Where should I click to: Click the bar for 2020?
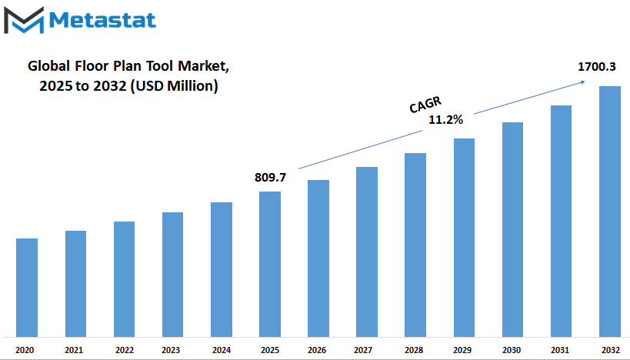point(27,288)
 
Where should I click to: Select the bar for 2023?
point(173,275)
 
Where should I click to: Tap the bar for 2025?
point(270,265)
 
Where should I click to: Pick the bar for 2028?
point(415,245)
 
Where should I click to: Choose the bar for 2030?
point(512,230)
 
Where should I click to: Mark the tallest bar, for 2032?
point(610,212)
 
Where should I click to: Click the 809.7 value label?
point(271,177)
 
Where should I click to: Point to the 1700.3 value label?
point(597,67)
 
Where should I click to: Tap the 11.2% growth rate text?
point(445,120)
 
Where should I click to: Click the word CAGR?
point(425,105)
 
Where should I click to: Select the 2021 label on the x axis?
point(74,350)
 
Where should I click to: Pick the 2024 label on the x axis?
point(222,350)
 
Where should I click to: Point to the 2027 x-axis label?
point(363,350)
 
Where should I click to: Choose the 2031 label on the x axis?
point(560,350)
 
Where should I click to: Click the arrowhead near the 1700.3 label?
point(582,82)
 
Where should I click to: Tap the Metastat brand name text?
point(102,20)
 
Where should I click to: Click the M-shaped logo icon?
point(24,20)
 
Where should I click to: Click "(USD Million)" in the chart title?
point(174,86)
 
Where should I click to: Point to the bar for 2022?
point(124,279)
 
